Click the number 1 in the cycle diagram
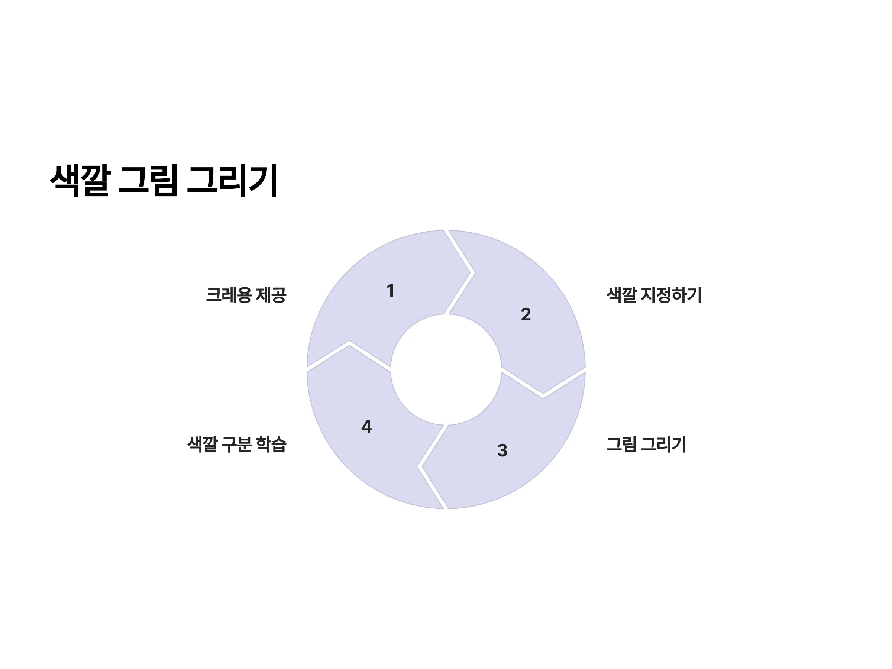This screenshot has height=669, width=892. (x=390, y=291)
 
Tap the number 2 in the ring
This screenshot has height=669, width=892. (x=526, y=314)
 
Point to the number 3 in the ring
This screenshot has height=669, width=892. (x=502, y=450)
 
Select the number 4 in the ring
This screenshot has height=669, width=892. (x=366, y=427)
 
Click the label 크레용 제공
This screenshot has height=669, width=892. (x=246, y=295)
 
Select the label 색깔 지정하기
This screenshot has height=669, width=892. (x=654, y=295)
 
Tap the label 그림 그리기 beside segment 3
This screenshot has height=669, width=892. (x=646, y=445)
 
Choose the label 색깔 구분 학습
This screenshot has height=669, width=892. (x=237, y=445)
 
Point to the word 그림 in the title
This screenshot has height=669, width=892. (x=148, y=180)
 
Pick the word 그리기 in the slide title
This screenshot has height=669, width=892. (x=232, y=180)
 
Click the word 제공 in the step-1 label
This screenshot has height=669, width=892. (x=271, y=295)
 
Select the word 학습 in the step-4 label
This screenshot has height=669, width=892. (x=271, y=445)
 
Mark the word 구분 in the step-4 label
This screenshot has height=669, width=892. (x=237, y=445)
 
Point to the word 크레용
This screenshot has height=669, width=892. (x=229, y=295)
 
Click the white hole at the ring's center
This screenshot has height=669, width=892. (x=446, y=369)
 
